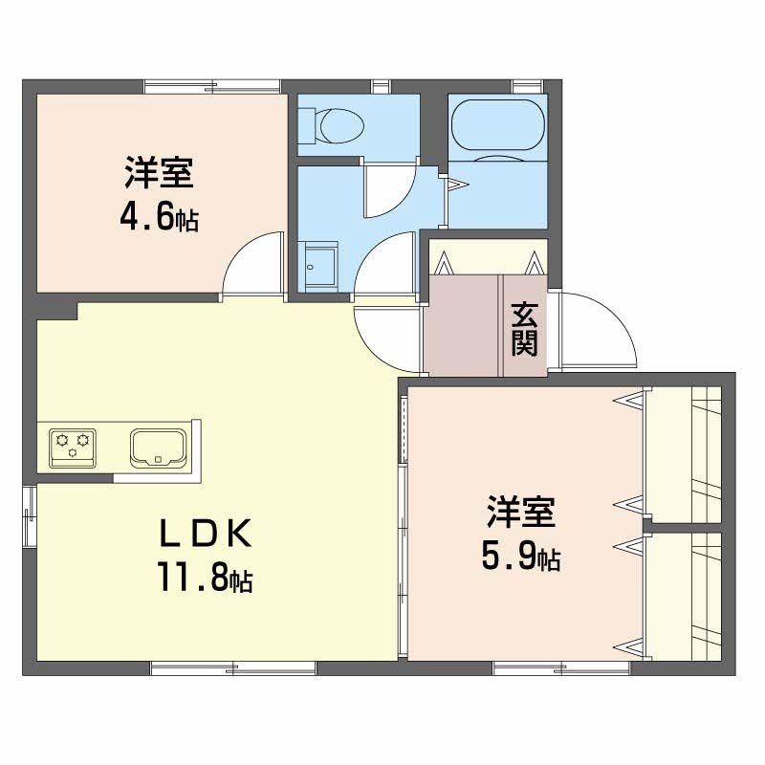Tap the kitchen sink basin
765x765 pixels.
point(157,446)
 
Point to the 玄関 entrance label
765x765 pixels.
point(523,329)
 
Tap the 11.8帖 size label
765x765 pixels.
point(205,576)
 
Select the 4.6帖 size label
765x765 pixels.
point(159,218)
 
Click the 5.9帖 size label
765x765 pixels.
point(520,557)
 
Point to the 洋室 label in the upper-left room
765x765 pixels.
point(159,176)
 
